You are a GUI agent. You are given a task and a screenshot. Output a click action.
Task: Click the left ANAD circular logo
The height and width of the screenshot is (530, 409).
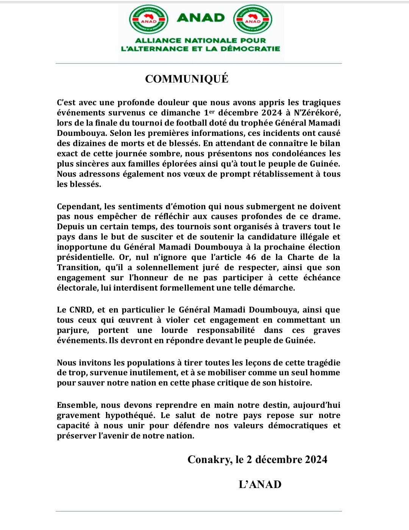point(149,20)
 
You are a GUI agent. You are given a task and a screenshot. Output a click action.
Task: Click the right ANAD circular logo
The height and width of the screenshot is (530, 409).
point(253,20)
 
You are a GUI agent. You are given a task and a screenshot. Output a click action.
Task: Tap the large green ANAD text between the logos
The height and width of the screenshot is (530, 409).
point(201,18)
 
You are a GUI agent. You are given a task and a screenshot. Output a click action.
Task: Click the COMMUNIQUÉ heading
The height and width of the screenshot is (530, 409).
point(187,79)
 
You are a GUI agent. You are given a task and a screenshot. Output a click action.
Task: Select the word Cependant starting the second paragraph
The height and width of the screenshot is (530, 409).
point(78,207)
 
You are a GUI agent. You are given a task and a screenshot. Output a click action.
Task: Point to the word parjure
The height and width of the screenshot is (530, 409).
point(72,330)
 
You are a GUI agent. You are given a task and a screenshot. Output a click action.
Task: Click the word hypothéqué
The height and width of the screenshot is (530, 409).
point(130,415)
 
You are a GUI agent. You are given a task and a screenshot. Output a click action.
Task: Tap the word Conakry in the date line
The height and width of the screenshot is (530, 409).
point(209,460)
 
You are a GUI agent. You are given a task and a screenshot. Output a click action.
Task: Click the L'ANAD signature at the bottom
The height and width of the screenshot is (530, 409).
point(260,485)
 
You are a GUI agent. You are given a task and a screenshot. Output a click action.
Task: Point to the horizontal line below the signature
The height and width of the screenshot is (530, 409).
point(198,511)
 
